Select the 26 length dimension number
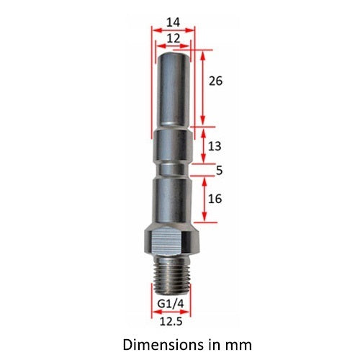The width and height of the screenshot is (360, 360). click(x=215, y=81)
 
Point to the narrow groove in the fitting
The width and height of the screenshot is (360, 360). click(x=173, y=171)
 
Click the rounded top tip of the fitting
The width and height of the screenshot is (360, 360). click(x=173, y=55)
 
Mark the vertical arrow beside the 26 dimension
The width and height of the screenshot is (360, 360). click(x=203, y=86)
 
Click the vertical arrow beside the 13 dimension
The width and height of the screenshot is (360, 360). click(x=203, y=145)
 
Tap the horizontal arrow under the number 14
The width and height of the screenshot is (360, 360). click(x=173, y=30)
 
